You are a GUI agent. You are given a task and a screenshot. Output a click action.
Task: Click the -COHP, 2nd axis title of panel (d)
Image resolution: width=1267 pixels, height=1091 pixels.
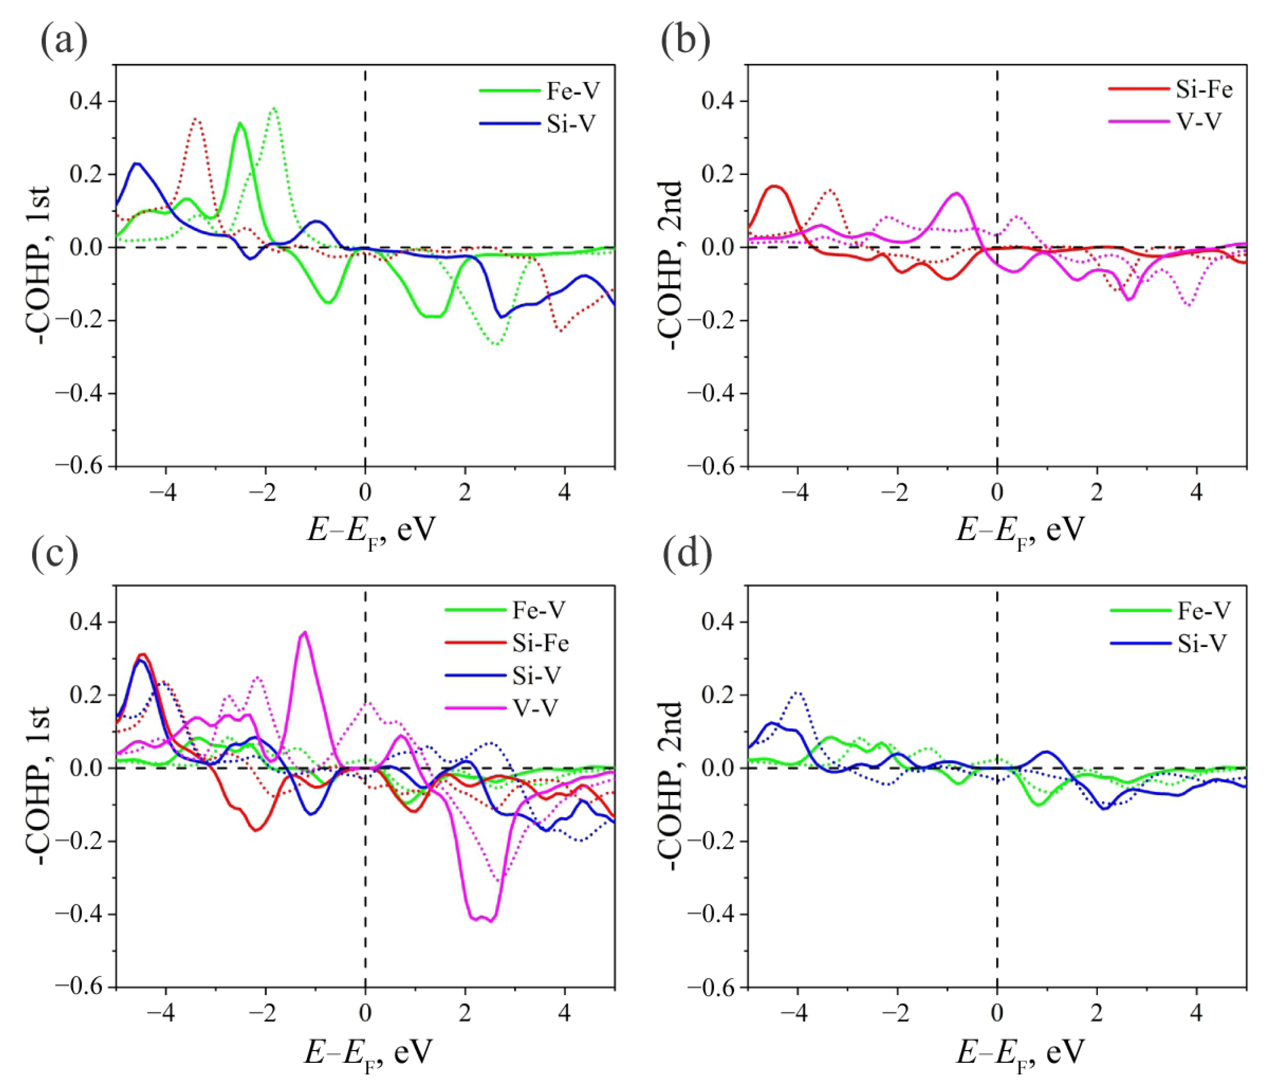669,786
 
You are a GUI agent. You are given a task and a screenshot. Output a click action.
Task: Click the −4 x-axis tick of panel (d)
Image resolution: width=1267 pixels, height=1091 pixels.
797,1014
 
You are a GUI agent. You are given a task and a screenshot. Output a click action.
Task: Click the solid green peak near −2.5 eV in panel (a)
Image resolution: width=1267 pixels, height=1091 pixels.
240,124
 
